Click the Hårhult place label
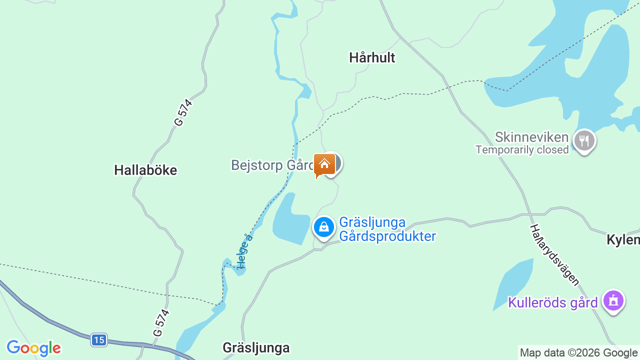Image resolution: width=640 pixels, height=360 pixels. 372,57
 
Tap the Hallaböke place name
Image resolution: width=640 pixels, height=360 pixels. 145,170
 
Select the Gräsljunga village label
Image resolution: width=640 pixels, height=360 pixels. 256,347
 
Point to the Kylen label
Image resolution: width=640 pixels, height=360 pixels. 623,240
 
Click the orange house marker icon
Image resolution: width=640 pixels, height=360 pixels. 324,164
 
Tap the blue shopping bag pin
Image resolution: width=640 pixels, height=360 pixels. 324,227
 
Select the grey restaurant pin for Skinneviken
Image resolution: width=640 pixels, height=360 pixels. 583,140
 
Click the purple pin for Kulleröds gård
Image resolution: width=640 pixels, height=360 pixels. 613,301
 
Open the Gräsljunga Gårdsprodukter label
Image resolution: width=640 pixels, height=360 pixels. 387,229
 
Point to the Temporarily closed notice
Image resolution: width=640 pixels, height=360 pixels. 522,149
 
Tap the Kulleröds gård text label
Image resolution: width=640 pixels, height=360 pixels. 552,302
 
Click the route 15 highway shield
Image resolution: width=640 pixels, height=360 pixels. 99,340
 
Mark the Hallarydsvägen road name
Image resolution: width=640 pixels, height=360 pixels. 554,255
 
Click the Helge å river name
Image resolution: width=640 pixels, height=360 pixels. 245,251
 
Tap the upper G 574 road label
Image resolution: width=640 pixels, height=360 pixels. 183,112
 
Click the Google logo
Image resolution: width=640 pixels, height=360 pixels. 33,348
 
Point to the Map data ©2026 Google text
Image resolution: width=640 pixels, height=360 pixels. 578,353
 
